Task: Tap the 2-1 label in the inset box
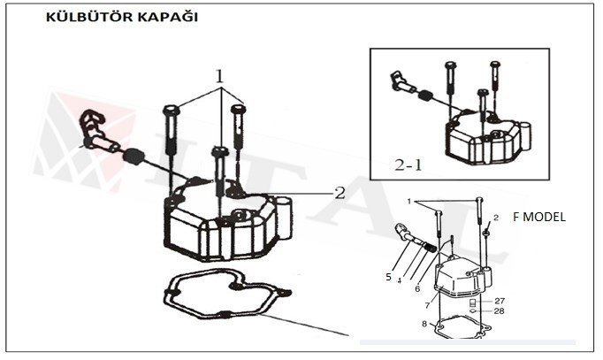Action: click(409, 165)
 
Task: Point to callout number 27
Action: click(500, 301)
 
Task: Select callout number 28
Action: click(500, 311)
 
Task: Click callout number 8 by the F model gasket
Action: click(424, 325)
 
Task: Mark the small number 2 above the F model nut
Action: click(496, 217)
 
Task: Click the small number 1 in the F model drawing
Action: click(409, 202)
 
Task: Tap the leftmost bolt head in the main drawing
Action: click(171, 111)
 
